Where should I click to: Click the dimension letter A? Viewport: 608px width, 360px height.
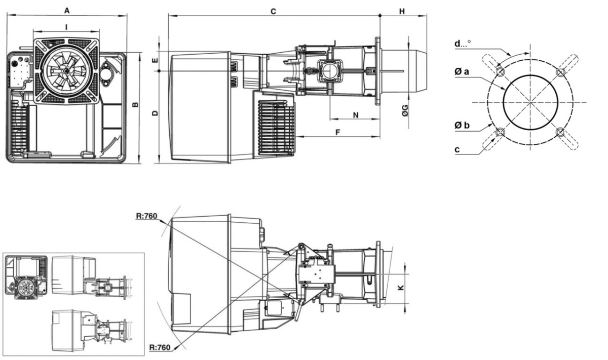pos(67,10)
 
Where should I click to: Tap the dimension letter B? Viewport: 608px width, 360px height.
pos(134,105)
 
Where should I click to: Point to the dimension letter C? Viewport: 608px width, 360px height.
pos(273,11)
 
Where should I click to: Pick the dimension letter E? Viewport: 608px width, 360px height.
pos(155,61)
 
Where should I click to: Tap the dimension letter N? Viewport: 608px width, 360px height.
pos(356,115)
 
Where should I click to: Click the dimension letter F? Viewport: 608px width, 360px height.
pos(337,132)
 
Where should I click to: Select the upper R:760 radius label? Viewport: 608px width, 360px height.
pos(147,216)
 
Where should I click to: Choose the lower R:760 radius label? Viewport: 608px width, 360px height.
pos(161,347)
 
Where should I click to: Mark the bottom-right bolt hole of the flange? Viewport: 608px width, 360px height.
pos(560,132)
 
